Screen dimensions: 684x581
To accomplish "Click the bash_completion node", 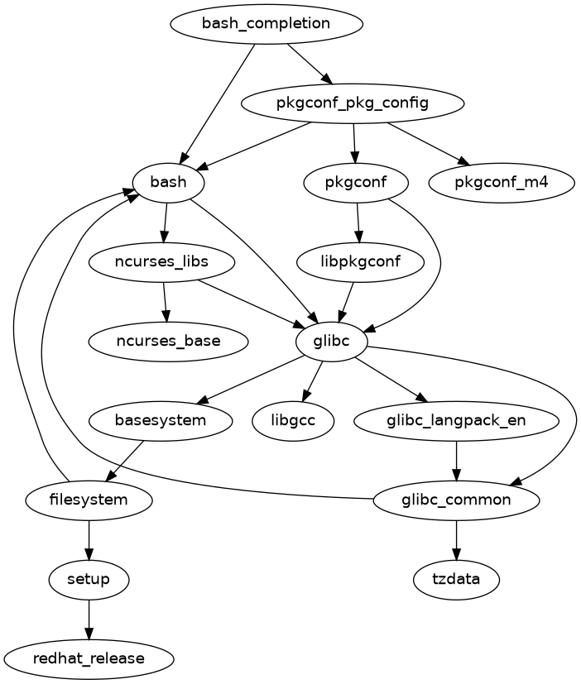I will click(266, 23).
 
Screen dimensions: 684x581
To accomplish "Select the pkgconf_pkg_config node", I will click(352, 103).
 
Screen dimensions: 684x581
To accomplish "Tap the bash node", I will click(169, 183).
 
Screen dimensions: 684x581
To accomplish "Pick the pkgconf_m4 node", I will click(502, 183).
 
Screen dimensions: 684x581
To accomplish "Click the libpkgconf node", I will click(360, 262).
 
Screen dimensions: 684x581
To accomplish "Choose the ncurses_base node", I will click(168, 341).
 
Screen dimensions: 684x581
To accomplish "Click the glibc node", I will click(331, 341).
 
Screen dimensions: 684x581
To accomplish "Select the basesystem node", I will click(159, 420).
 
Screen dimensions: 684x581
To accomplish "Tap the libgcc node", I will click(294, 420).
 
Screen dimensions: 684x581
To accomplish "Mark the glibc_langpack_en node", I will click(456, 420).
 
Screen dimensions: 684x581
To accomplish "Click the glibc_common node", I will click(456, 500).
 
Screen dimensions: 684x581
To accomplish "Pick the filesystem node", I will click(89, 500).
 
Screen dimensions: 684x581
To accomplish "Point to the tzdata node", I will click(456, 579).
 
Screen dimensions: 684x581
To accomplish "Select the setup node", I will click(89, 579).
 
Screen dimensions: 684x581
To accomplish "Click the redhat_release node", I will click(89, 658).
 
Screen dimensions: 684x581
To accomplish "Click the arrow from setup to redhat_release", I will click(89, 619).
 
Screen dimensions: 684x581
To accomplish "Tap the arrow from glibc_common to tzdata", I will click(456, 539).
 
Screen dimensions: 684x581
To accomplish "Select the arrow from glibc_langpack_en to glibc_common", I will click(456, 460).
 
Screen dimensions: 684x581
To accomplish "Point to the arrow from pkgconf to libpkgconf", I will click(358, 222).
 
